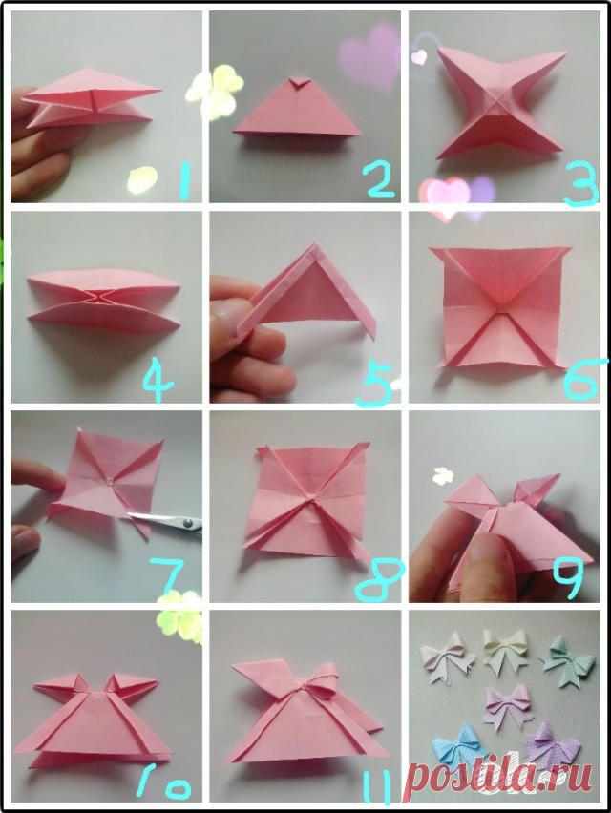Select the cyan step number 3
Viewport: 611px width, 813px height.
coord(581,187)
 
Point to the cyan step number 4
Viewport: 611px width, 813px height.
coord(157,381)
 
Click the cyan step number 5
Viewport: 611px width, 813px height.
coord(375,383)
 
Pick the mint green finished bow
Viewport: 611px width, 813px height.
coord(566,659)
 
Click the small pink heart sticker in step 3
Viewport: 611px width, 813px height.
coord(419,56)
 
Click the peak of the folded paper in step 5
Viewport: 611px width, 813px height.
coord(315,244)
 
